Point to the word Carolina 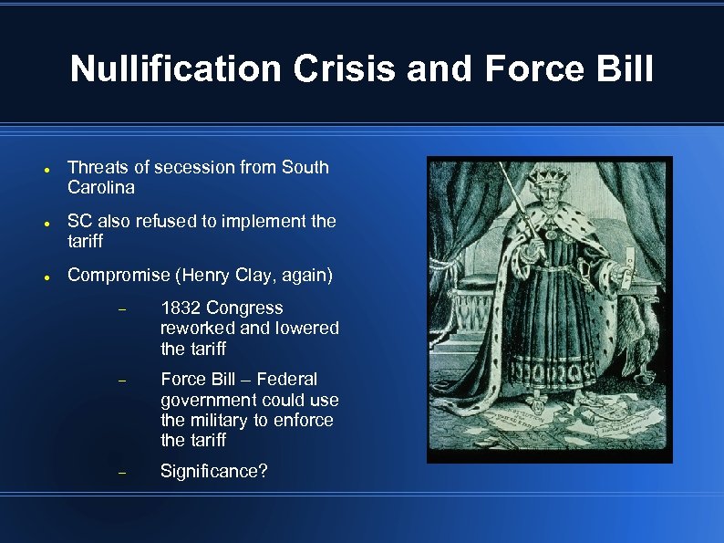coord(101,188)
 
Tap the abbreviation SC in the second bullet coord(79,221)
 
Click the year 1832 coord(181,308)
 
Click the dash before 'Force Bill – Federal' coord(123,381)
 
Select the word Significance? coord(214,472)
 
